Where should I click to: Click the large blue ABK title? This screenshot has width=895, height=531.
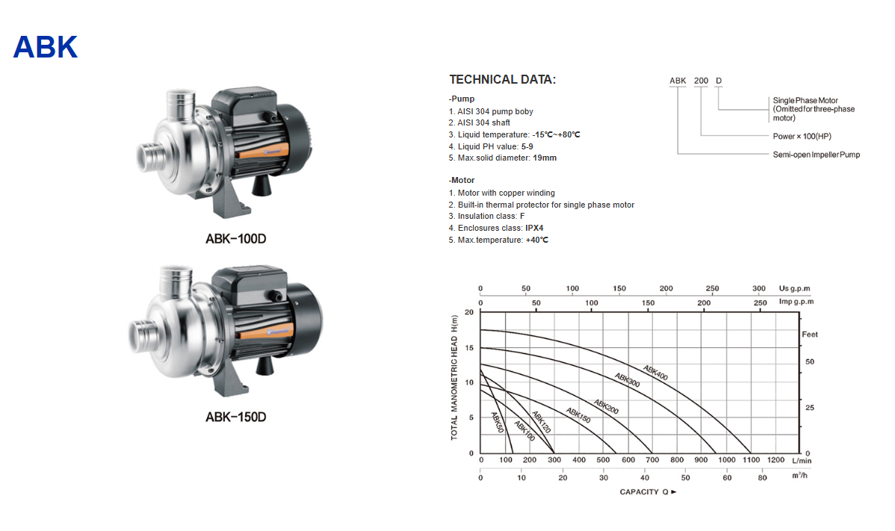[45, 47]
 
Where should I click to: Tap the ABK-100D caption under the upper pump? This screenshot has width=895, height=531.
[236, 239]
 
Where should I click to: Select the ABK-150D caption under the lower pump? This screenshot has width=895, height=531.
[236, 417]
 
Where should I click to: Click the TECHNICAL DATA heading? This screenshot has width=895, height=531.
[502, 80]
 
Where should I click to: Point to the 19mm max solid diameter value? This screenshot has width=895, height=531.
[545, 158]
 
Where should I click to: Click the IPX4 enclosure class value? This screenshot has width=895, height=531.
[534, 228]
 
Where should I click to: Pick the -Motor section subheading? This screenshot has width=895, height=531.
[461, 180]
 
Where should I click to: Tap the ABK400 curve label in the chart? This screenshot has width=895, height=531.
[655, 373]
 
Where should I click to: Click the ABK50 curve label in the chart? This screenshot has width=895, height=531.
[497, 423]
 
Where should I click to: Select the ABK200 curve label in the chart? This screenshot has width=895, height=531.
[606, 407]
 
